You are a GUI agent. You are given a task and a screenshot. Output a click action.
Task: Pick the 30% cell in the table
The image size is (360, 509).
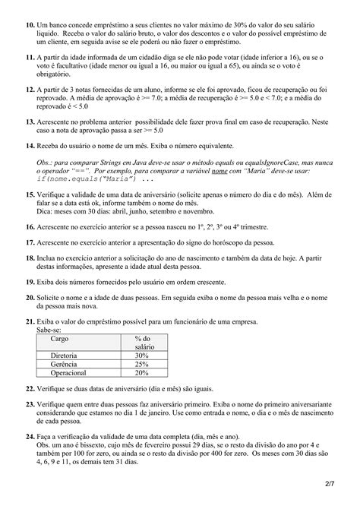142,355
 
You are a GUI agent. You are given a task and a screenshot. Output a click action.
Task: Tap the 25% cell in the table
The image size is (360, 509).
142,364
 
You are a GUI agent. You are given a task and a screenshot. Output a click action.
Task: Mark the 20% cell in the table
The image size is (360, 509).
142,373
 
